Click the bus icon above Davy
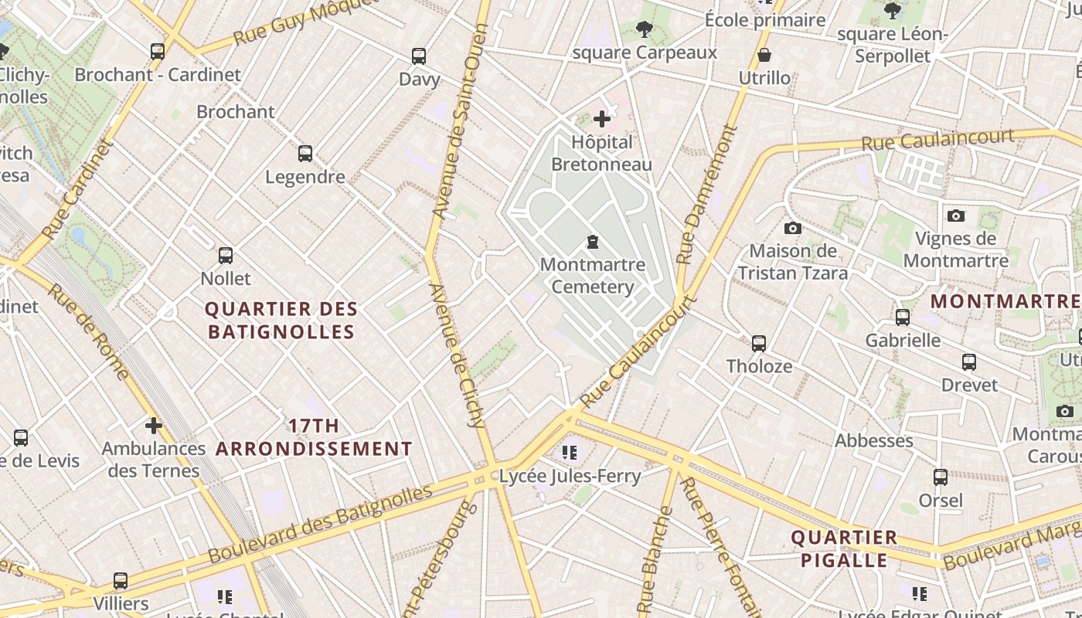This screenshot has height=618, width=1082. pyautogui.click(x=418, y=56)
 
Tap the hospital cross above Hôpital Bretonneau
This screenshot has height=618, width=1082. pyautogui.click(x=602, y=119)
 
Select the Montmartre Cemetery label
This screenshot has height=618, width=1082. pyautogui.click(x=593, y=276)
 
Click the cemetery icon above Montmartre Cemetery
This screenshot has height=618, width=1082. pyautogui.click(x=593, y=243)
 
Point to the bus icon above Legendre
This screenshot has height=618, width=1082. pyautogui.click(x=305, y=153)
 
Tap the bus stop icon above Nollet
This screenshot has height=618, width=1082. pyautogui.click(x=226, y=255)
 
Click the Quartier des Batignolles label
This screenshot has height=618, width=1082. pyautogui.click(x=281, y=321)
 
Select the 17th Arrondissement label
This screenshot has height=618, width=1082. pyautogui.click(x=314, y=437)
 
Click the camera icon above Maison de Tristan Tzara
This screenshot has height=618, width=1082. pyautogui.click(x=792, y=228)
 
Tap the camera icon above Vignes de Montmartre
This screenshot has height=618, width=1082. pyautogui.click(x=956, y=216)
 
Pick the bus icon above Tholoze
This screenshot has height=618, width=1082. pyautogui.click(x=759, y=343)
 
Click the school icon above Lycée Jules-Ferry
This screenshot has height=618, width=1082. pyautogui.click(x=570, y=453)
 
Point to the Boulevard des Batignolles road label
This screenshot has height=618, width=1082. pyautogui.click(x=320, y=524)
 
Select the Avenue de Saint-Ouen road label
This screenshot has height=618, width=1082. pyautogui.click(x=457, y=120)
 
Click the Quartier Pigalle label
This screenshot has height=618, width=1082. pyautogui.click(x=844, y=548)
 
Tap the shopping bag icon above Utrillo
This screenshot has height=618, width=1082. pyautogui.click(x=764, y=55)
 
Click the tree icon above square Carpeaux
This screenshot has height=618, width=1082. pyautogui.click(x=644, y=29)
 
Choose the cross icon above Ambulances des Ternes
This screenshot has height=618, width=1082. pyautogui.click(x=154, y=425)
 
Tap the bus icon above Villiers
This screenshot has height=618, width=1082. pyautogui.click(x=121, y=580)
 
